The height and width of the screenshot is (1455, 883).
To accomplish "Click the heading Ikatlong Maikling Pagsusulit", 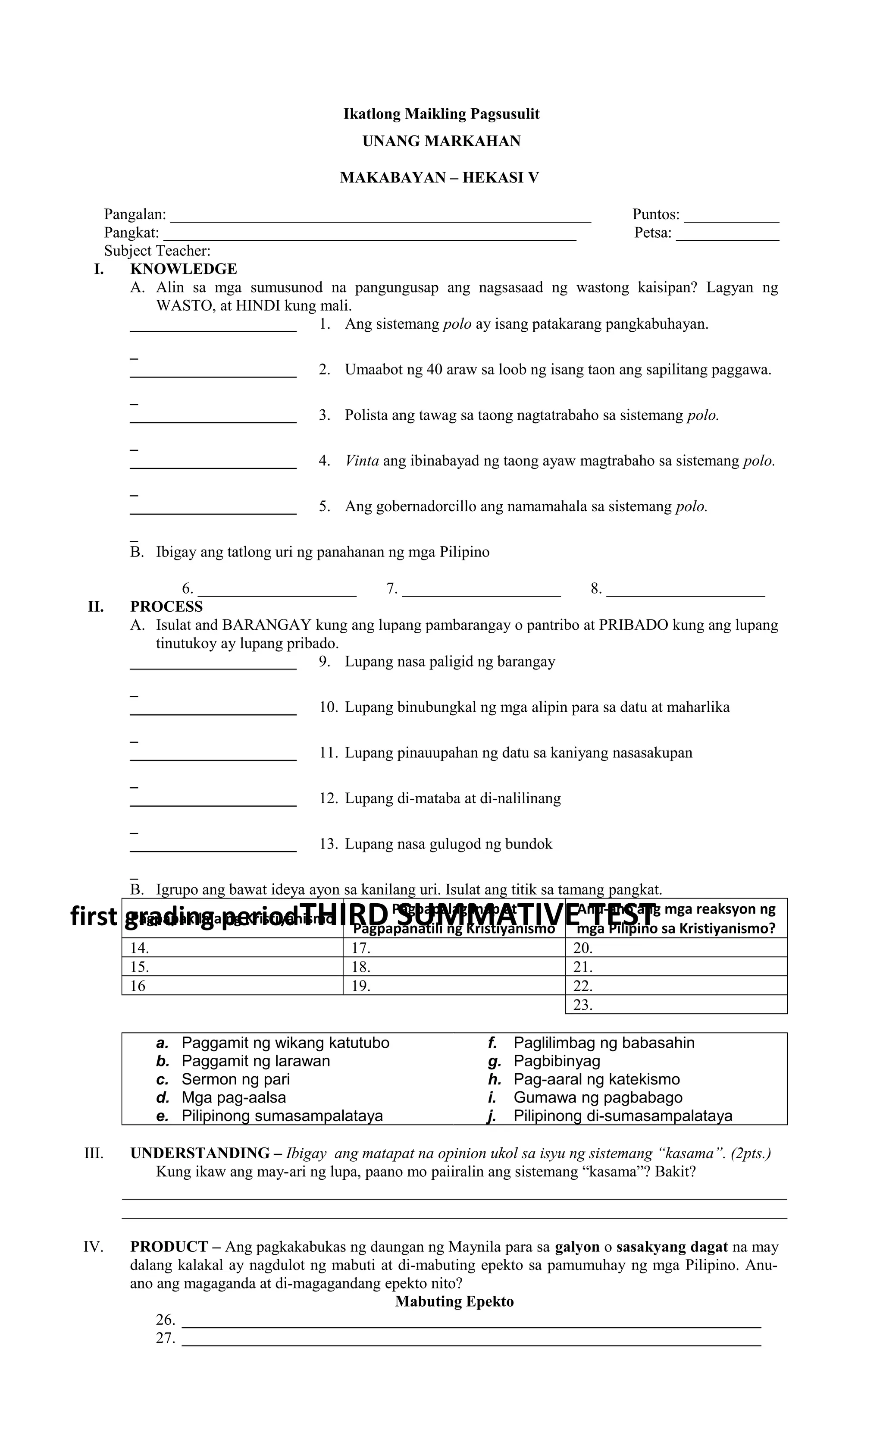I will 441,114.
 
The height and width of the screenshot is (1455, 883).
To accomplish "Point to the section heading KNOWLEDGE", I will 184,269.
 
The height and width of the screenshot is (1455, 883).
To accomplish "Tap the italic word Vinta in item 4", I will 362,461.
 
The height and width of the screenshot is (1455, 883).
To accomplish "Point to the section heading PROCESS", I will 166,607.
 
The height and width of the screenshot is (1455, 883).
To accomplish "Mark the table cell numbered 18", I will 453,967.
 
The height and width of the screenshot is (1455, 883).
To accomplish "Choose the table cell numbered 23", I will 676,1005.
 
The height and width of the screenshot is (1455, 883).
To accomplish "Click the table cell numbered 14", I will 232,948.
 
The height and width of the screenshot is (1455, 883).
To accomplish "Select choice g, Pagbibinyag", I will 556,1061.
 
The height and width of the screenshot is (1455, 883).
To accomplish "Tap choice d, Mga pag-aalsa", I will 233,1098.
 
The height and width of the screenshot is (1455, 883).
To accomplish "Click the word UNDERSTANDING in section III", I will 200,1153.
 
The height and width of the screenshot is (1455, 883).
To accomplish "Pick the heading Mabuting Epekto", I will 454,1301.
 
